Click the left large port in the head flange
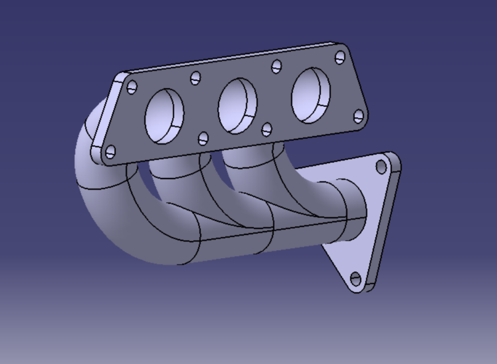(164, 116)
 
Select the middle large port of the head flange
(237, 105)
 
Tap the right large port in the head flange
(310, 95)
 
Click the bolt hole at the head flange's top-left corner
(132, 87)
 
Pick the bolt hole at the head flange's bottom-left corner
(110, 152)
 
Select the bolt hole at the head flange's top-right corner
(340, 57)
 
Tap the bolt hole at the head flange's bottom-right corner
(358, 116)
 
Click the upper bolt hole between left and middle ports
(195, 78)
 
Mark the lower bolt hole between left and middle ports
(203, 139)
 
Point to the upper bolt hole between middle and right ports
(277, 67)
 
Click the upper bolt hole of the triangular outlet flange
(381, 167)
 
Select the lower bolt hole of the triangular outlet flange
(356, 279)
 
